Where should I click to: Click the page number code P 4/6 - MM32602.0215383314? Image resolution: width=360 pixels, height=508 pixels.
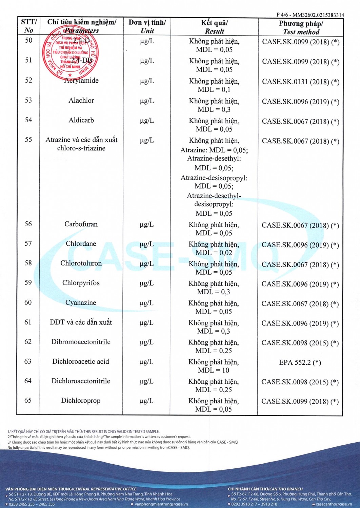tap(310, 15)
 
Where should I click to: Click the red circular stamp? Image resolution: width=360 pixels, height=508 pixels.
tap(71, 52)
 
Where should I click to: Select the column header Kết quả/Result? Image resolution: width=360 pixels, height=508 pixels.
tap(214, 27)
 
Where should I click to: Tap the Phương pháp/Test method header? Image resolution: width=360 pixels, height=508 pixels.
tap(301, 27)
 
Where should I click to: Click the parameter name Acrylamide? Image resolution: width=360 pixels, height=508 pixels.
tap(81, 81)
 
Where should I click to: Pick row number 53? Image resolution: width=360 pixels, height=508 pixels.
tap(28, 100)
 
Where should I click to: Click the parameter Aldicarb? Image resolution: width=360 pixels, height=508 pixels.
tap(81, 120)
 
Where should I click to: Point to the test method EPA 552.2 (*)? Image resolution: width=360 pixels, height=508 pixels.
tap(300, 362)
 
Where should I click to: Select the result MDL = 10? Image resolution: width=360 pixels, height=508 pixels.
tap(214, 370)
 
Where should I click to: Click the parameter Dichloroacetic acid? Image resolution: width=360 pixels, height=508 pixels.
tap(81, 361)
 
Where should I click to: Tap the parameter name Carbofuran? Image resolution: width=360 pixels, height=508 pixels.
tap(81, 224)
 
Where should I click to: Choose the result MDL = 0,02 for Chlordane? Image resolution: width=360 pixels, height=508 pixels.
tap(214, 253)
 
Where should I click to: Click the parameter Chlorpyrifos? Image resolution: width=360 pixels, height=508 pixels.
tap(81, 283)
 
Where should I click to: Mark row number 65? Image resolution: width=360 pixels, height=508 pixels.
tap(28, 400)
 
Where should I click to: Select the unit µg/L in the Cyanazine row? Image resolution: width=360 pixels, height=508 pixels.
tap(147, 303)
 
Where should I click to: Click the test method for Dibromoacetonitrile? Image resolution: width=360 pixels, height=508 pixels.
tap(300, 343)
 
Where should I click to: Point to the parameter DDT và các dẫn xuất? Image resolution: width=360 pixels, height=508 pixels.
tap(81, 322)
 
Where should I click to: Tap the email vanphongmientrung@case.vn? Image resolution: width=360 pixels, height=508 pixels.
tap(161, 504)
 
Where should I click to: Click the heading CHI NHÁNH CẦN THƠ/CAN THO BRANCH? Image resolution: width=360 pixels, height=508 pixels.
tap(265, 489)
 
